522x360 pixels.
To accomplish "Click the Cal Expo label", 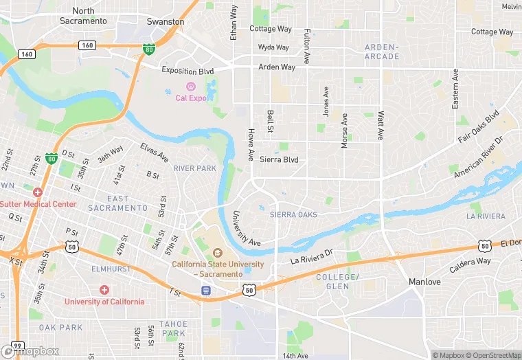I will point(191,98).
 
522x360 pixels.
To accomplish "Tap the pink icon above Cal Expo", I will point(191,87).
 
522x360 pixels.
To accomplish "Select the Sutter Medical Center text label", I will point(38,204).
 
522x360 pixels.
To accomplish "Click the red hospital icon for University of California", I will point(104,290).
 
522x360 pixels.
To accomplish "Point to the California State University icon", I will point(218,254).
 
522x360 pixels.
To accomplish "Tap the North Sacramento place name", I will point(83,16).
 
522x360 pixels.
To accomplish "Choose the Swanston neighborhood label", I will point(166,21).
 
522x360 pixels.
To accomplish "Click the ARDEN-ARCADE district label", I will point(381,52).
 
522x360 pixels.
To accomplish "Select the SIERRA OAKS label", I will point(293,215).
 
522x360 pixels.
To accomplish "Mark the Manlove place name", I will point(424,282).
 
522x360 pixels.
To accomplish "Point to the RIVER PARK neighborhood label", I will point(194,168).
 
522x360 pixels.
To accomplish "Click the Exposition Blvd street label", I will point(188,71).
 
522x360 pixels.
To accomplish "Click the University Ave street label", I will point(245,229).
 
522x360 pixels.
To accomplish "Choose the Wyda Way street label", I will point(273,47).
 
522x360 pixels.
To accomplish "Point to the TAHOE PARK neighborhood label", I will point(173,328).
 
